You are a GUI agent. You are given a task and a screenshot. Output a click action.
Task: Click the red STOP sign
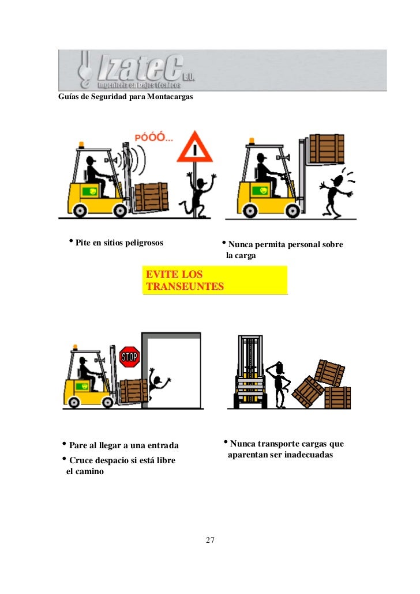tap(129, 357)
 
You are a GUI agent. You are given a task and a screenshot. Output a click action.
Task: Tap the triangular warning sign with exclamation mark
tap(194, 147)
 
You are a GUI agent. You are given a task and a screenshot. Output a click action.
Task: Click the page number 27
tap(210, 540)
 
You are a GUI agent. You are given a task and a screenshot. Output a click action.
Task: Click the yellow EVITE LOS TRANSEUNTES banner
tap(215, 281)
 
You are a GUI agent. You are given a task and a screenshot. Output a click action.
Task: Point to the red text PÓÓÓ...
tap(153, 137)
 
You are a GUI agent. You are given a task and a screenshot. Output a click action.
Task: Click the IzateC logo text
tap(140, 67)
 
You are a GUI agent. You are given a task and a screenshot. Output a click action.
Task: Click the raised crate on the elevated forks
tap(327, 149)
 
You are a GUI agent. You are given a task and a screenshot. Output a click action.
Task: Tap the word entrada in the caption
tap(163, 445)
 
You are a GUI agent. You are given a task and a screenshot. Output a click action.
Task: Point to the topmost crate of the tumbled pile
tap(329, 373)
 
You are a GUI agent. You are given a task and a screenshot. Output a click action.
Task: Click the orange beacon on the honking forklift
tap(81, 145)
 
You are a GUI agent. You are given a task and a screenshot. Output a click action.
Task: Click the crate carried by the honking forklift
tap(151, 197)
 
